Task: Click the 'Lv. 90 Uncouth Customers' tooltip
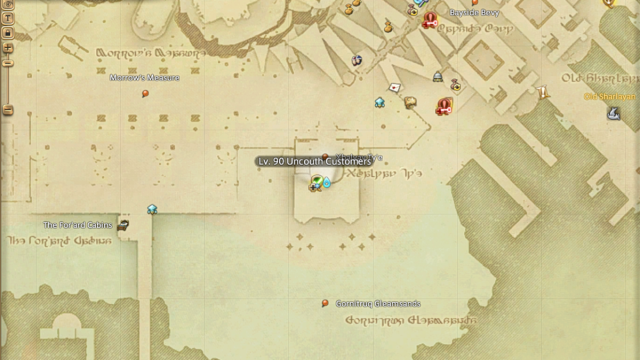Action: pos(314,161)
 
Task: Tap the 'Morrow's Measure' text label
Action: pos(145,78)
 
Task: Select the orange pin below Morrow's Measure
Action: pos(145,94)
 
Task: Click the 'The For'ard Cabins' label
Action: pos(77,225)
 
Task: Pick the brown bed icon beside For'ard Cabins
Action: pos(124,225)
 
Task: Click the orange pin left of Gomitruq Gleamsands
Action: pos(325,303)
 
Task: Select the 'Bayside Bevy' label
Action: pos(473,13)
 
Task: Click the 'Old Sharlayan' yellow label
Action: pos(610,97)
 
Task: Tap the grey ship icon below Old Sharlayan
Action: pos(613,114)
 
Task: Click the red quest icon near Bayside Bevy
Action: pos(429,19)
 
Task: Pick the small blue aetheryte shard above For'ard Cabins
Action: pos(152,209)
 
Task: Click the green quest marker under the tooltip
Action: pos(316,182)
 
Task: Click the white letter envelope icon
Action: pos(395,87)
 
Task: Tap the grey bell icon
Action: pos(437,77)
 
